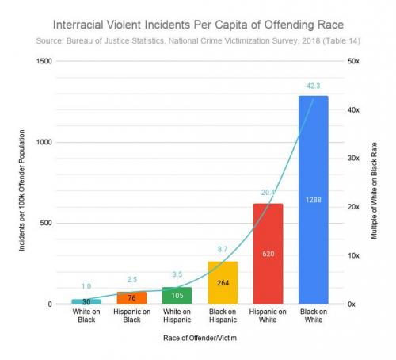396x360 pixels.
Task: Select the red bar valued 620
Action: pyautogui.click(x=268, y=254)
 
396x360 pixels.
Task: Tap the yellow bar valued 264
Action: pyautogui.click(x=222, y=282)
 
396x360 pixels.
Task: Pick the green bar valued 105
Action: pyautogui.click(x=176, y=296)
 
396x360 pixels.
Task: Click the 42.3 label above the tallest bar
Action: pyautogui.click(x=314, y=87)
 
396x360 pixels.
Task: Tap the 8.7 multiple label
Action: pyautogui.click(x=222, y=250)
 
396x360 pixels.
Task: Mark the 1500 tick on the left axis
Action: pyautogui.click(x=44, y=61)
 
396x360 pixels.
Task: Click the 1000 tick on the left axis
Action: pyautogui.click(x=44, y=142)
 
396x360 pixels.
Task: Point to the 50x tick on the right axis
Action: pyautogui.click(x=354, y=61)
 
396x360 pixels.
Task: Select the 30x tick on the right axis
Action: pyautogui.click(x=354, y=159)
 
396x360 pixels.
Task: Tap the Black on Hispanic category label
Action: pyautogui.click(x=222, y=317)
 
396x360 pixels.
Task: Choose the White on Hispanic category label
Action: pyautogui.click(x=176, y=317)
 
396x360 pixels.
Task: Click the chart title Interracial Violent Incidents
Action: pyautogui.click(x=198, y=24)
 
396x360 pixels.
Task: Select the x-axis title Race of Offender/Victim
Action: pyautogui.click(x=198, y=339)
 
